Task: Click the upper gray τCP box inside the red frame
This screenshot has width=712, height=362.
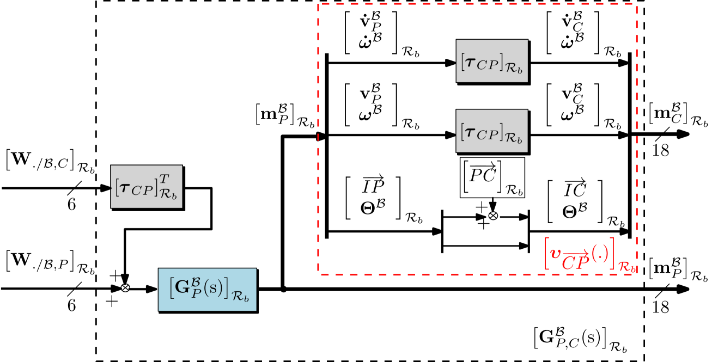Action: click(492, 61)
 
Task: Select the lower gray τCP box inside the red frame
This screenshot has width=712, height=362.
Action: click(492, 131)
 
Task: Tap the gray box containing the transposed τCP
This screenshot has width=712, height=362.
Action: click(147, 187)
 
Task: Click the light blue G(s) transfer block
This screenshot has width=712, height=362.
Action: click(207, 290)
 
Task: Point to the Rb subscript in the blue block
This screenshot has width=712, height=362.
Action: click(240, 297)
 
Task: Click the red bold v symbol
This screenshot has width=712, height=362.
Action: click(555, 253)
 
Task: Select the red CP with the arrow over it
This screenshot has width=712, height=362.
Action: click(575, 262)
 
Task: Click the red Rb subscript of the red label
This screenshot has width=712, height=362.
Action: click(627, 267)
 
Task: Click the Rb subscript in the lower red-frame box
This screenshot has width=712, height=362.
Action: click(513, 140)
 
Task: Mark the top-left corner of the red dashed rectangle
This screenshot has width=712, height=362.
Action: click(318, 4)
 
